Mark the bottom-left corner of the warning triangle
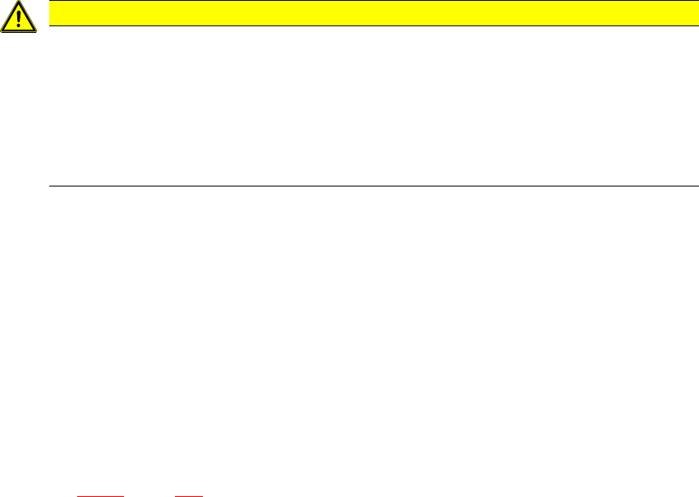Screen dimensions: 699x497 pyautogui.click(x=2, y=31)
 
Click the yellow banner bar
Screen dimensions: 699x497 pyautogui.click(x=370, y=13)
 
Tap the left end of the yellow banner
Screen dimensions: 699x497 pyautogui.click(x=52, y=13)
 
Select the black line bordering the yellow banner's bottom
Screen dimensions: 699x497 pyautogui.click(x=370, y=25)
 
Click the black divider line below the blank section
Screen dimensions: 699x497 pyautogui.click(x=370, y=186)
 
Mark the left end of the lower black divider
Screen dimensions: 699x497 pyautogui.click(x=52, y=186)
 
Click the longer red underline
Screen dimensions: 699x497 pyautogui.click(x=99, y=495)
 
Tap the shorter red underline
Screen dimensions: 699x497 pyautogui.click(x=189, y=495)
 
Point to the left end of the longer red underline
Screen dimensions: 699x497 pyautogui.click(x=76, y=495)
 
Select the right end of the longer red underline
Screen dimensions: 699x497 pyautogui.click(x=123, y=495)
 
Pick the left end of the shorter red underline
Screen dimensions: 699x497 pyautogui.click(x=176, y=495)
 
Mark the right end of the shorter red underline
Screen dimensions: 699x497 pyautogui.click(x=202, y=495)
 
